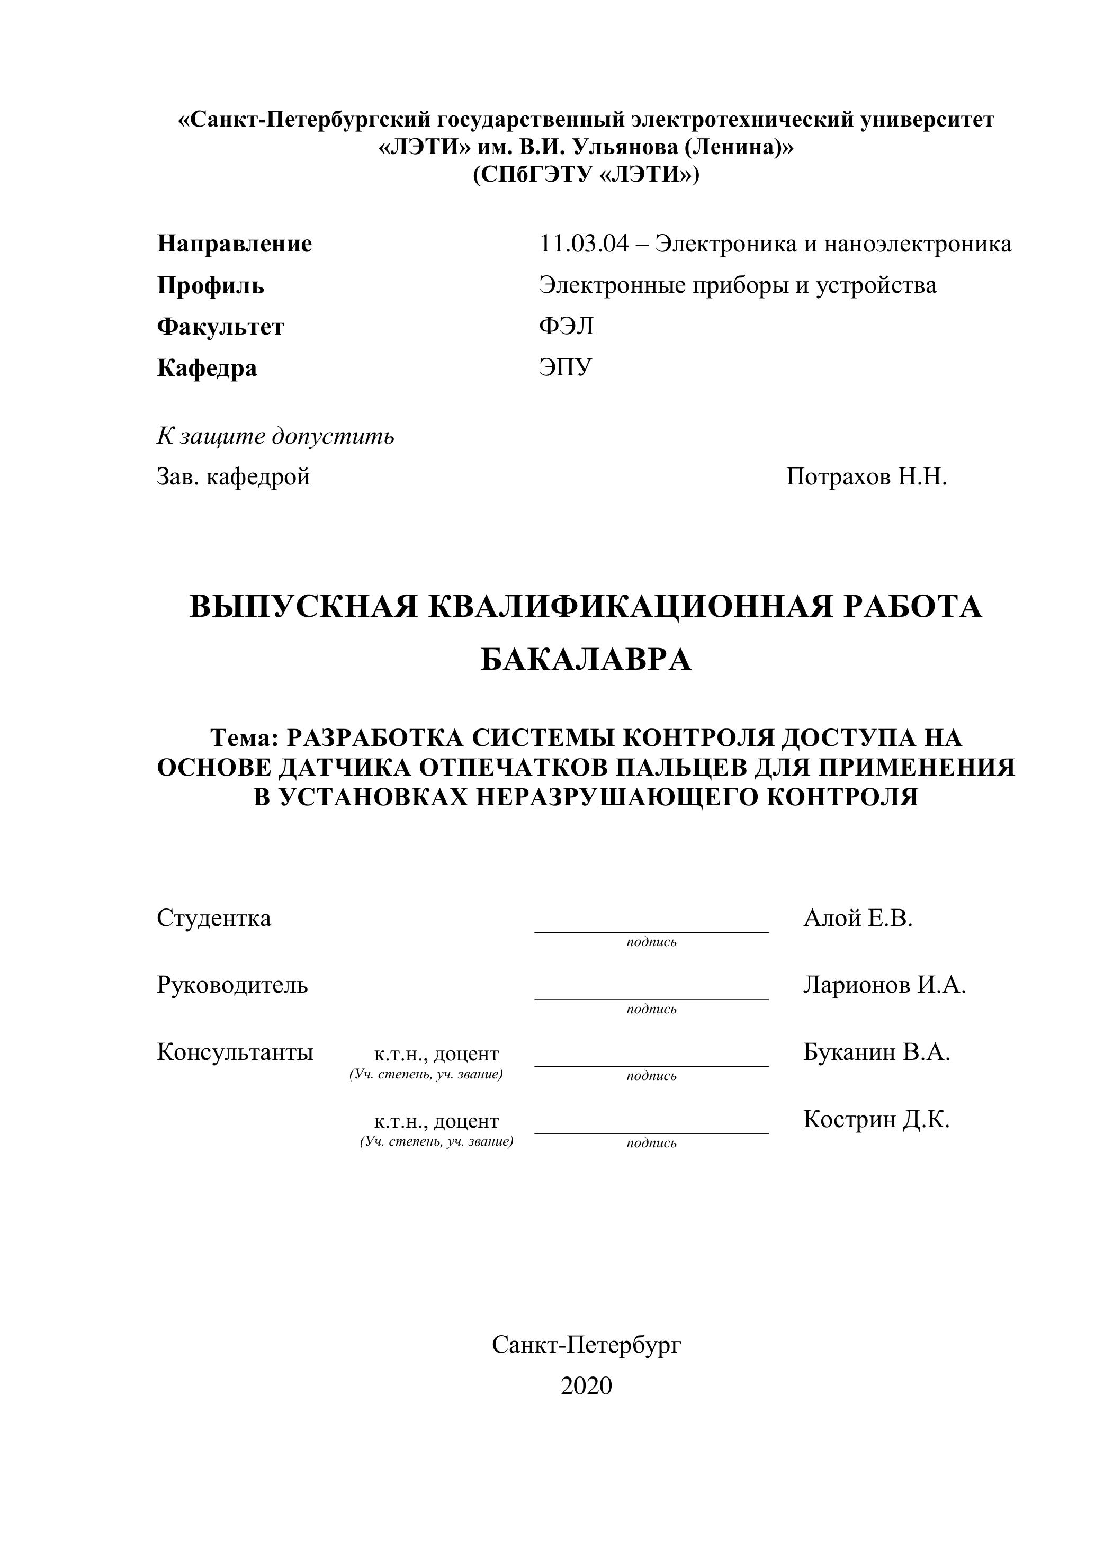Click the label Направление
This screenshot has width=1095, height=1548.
[x=234, y=244]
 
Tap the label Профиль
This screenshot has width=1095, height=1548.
[x=210, y=285]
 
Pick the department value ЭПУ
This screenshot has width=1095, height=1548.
[x=565, y=367]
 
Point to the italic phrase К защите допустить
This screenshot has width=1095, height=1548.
[x=275, y=436]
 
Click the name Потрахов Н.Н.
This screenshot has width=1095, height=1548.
[x=866, y=478]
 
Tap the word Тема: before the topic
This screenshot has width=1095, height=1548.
[x=244, y=739]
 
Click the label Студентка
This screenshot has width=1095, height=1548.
[x=214, y=919]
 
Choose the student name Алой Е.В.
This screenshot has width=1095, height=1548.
[x=858, y=919]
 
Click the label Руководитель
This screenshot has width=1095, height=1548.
[x=232, y=985]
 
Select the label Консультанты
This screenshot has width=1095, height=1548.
[x=235, y=1052]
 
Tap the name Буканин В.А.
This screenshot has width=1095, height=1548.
[x=876, y=1052]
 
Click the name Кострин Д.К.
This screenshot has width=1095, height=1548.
[x=876, y=1119]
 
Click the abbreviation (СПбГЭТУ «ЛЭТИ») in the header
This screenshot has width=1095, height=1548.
[x=586, y=175]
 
